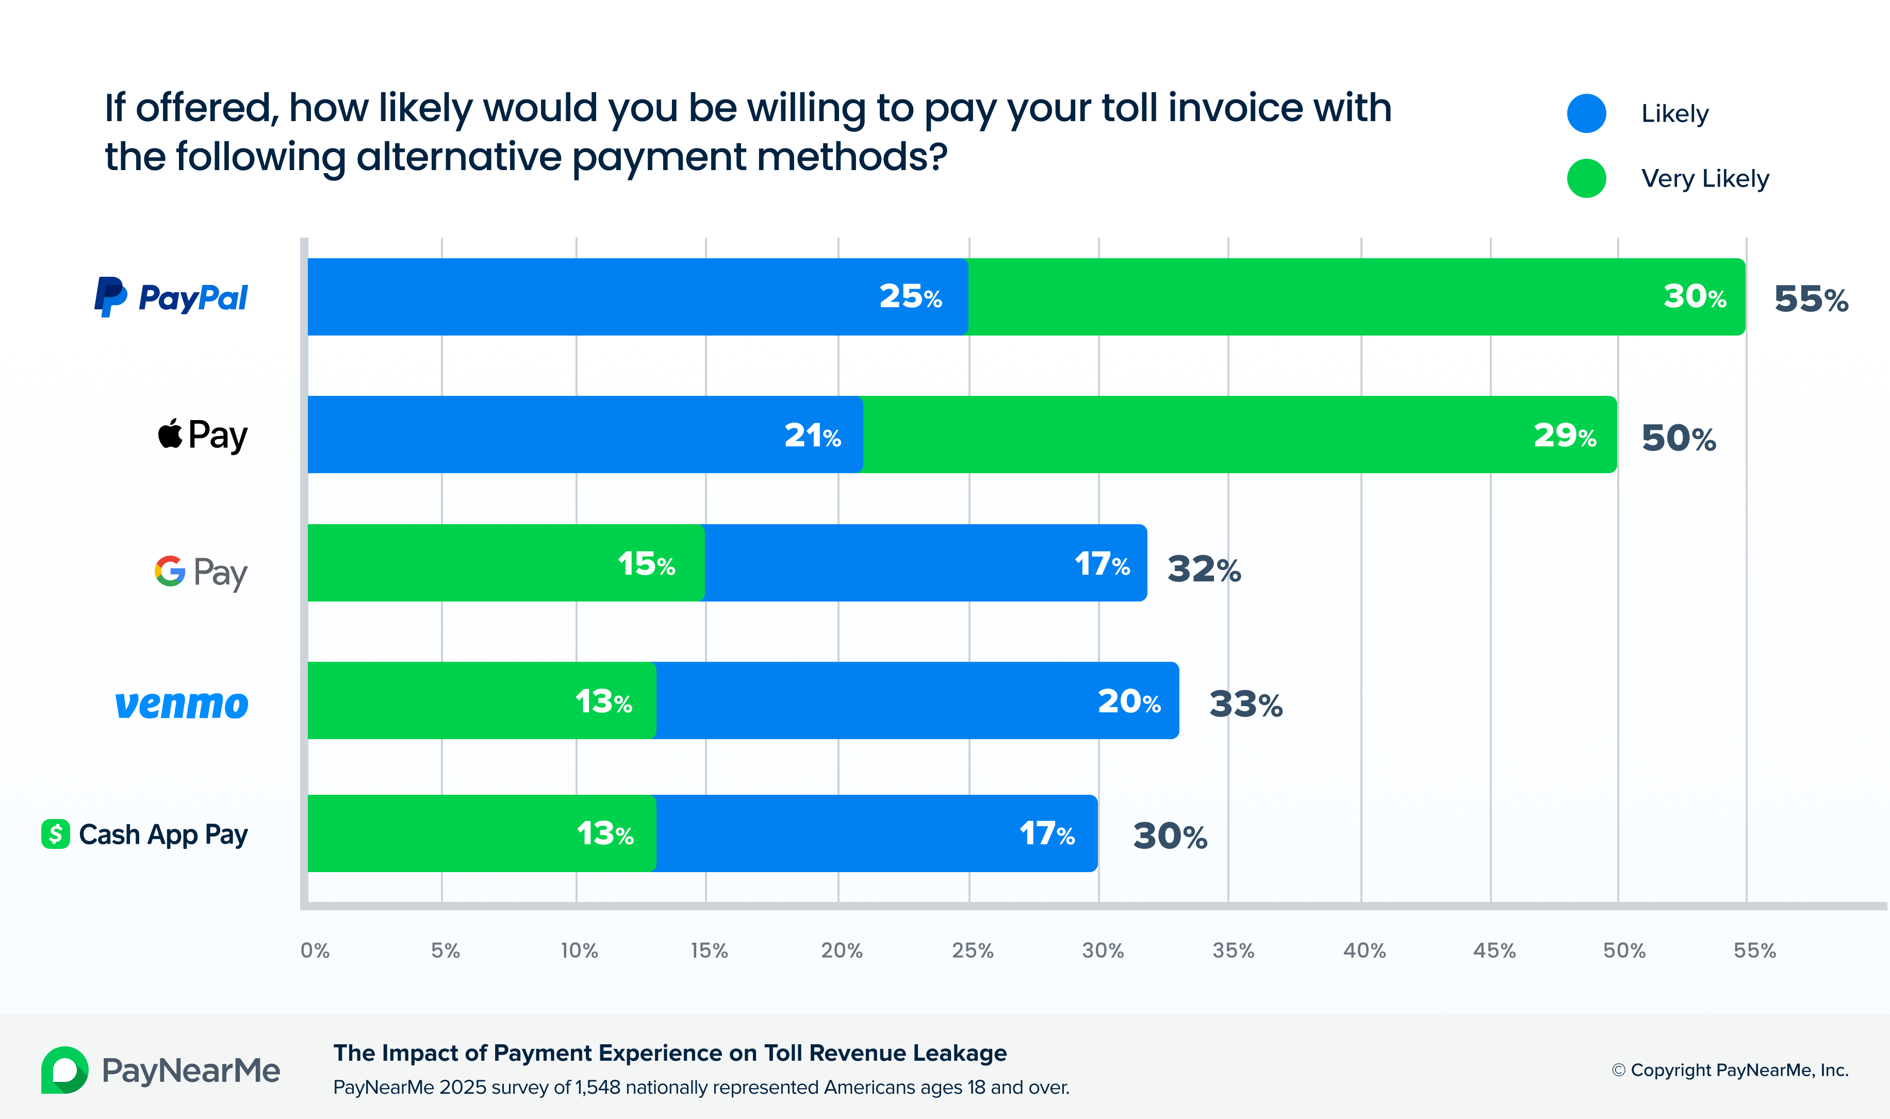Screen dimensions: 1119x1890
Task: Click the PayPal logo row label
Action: click(x=171, y=297)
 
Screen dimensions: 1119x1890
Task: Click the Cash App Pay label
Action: click(x=145, y=834)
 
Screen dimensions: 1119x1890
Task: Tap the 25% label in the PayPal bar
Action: click(x=910, y=297)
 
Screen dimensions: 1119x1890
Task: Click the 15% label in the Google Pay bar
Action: click(x=646, y=564)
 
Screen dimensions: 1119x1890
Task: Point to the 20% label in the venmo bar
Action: click(x=1129, y=702)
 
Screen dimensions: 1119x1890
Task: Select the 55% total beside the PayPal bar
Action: click(x=1811, y=299)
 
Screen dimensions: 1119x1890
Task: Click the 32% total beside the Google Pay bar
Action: click(x=1204, y=570)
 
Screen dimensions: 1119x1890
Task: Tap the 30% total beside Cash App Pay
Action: click(x=1170, y=836)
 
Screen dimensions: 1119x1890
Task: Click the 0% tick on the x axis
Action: click(x=315, y=950)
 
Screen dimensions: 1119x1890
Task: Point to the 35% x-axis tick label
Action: click(x=1233, y=950)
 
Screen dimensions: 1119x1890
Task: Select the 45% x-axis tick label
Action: click(x=1494, y=950)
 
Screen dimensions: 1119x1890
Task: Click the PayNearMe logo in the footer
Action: click(x=160, y=1070)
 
